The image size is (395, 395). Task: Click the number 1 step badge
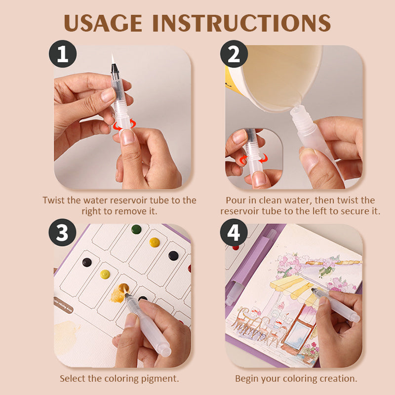click(63, 54)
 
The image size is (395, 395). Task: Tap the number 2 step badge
click(234, 54)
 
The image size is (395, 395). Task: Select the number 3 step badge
click(63, 232)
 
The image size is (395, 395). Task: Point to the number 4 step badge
click(234, 232)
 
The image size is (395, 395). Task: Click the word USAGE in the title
click(103, 23)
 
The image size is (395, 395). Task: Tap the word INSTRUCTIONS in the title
click(241, 23)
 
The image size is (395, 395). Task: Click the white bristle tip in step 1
click(113, 58)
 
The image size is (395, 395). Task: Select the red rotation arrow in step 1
click(124, 124)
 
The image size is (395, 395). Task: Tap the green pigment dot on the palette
click(136, 229)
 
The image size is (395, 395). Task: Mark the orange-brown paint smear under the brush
click(118, 294)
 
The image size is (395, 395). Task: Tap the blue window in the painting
click(298, 332)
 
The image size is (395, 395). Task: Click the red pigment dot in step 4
click(236, 248)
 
